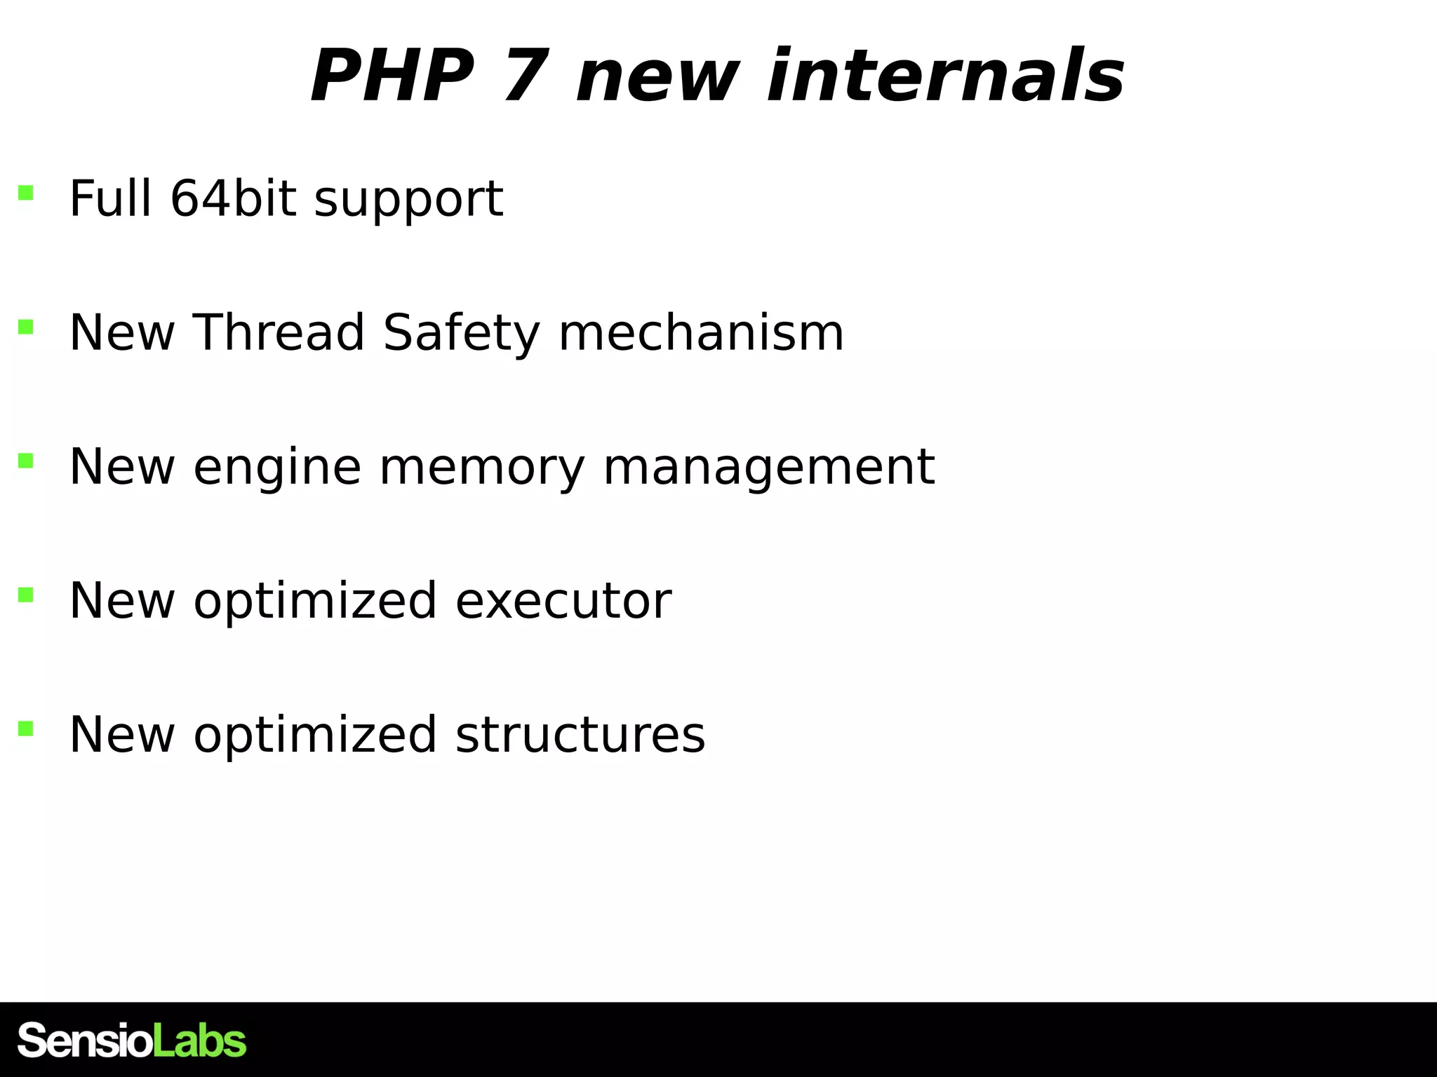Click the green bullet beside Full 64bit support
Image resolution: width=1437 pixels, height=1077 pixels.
coord(26,193)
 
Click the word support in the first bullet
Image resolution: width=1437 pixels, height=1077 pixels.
coord(408,200)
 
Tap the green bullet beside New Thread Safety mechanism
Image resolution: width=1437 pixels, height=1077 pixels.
coord(26,327)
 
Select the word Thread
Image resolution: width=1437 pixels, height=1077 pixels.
coord(279,332)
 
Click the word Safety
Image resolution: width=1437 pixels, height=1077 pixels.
coord(461,334)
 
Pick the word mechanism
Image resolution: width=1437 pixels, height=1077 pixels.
coord(701,332)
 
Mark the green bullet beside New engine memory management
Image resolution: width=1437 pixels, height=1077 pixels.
coord(26,461)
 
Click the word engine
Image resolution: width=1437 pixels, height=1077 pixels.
coord(277,468)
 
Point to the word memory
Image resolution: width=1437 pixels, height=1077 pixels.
coord(482,468)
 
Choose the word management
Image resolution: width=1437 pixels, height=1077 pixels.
coord(768,468)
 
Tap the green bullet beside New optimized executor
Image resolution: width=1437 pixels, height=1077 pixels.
coord(26,595)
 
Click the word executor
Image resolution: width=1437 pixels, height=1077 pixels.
coord(563,601)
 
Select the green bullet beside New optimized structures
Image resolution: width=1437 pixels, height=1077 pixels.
coord(26,729)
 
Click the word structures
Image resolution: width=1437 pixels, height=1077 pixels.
coord(580,735)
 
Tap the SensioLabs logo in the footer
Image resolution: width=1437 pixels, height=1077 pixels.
coord(132,1040)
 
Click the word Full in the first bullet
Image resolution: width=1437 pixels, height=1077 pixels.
coord(110,198)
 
